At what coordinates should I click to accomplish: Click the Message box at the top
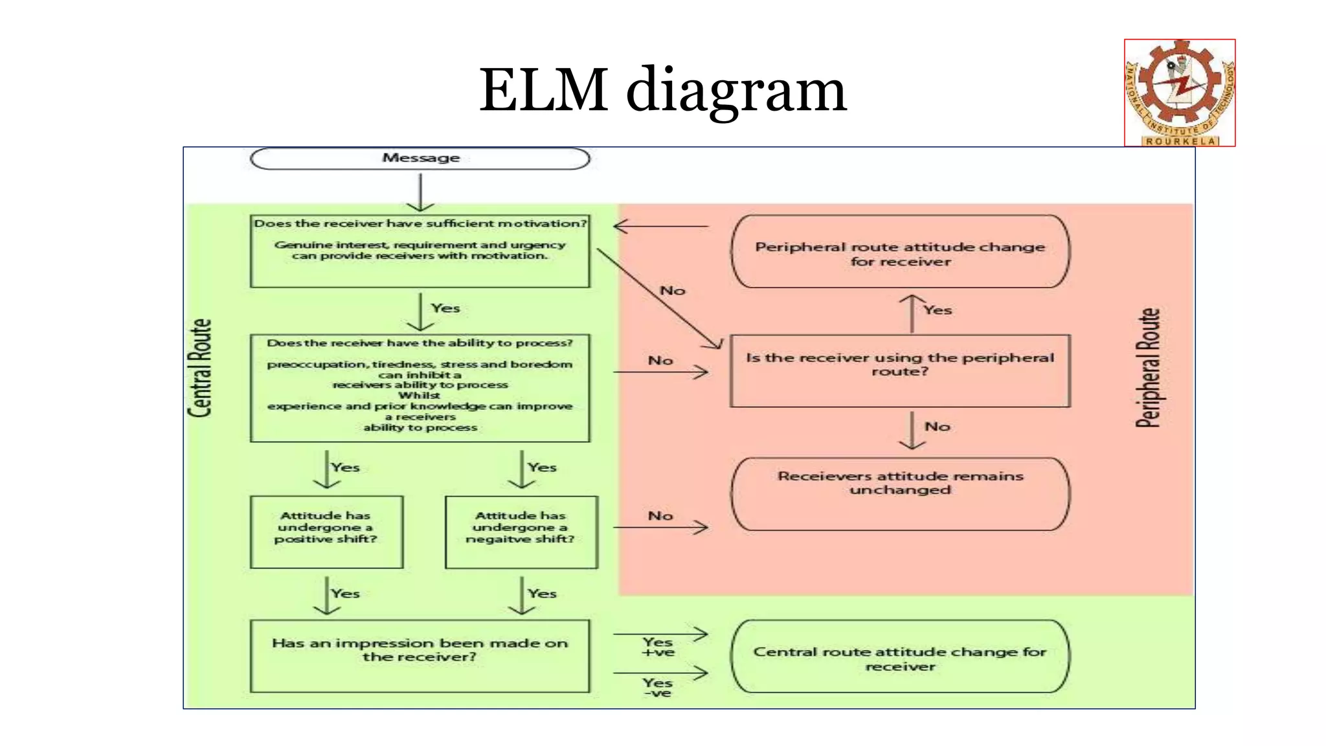(420, 159)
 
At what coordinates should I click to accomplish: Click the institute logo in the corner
(1180, 93)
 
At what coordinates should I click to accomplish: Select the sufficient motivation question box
(420, 251)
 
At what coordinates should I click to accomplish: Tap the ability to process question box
(420, 388)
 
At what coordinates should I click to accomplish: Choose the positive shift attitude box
(326, 532)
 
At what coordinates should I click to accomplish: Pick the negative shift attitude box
(521, 532)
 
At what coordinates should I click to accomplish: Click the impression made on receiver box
(420, 655)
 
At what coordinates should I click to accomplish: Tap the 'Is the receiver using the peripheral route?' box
(900, 370)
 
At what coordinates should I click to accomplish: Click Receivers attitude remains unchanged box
(900, 493)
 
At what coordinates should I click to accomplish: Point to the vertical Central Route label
(200, 368)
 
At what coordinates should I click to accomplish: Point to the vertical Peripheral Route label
(1148, 368)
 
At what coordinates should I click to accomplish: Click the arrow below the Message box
(420, 192)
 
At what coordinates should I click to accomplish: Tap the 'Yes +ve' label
(658, 647)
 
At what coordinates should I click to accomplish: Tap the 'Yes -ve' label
(658, 687)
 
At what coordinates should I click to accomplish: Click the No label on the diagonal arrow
(672, 291)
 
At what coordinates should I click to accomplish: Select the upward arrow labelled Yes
(912, 314)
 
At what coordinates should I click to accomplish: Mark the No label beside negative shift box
(660, 515)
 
